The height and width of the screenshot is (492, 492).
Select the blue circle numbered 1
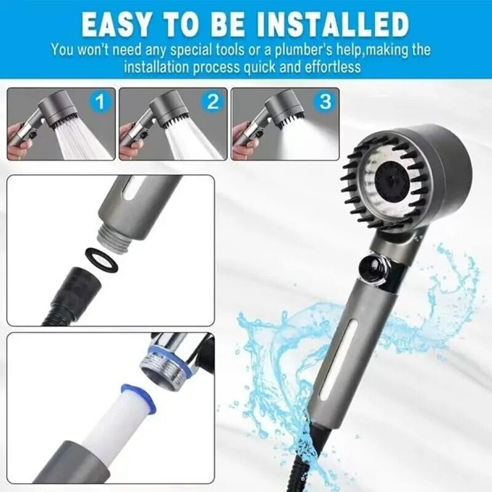(x=101, y=102)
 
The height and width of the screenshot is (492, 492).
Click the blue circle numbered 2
(x=212, y=102)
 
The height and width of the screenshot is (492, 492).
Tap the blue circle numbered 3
(x=324, y=102)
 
